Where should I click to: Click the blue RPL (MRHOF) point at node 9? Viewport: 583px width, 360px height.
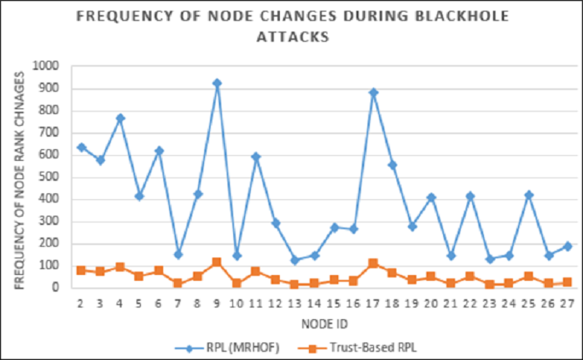click(x=217, y=83)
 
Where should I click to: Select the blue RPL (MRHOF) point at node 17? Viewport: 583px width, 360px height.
click(x=373, y=92)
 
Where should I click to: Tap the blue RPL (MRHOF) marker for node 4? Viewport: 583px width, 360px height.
click(x=120, y=118)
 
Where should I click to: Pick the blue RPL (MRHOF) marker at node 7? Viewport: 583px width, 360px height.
click(x=178, y=254)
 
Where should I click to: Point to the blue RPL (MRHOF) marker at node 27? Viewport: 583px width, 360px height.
click(x=568, y=246)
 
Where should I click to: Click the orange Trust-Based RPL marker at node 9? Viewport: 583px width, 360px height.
click(x=217, y=262)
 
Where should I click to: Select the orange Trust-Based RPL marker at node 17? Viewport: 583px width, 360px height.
click(x=373, y=263)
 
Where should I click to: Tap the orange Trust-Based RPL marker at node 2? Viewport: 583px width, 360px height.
click(x=81, y=270)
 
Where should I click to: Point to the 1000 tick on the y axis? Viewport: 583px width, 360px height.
click(x=49, y=66)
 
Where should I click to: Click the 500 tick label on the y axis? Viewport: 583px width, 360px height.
click(x=52, y=177)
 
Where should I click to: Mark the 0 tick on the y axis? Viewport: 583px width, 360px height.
click(x=58, y=287)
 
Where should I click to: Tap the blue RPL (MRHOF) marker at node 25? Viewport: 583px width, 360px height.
click(x=529, y=195)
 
